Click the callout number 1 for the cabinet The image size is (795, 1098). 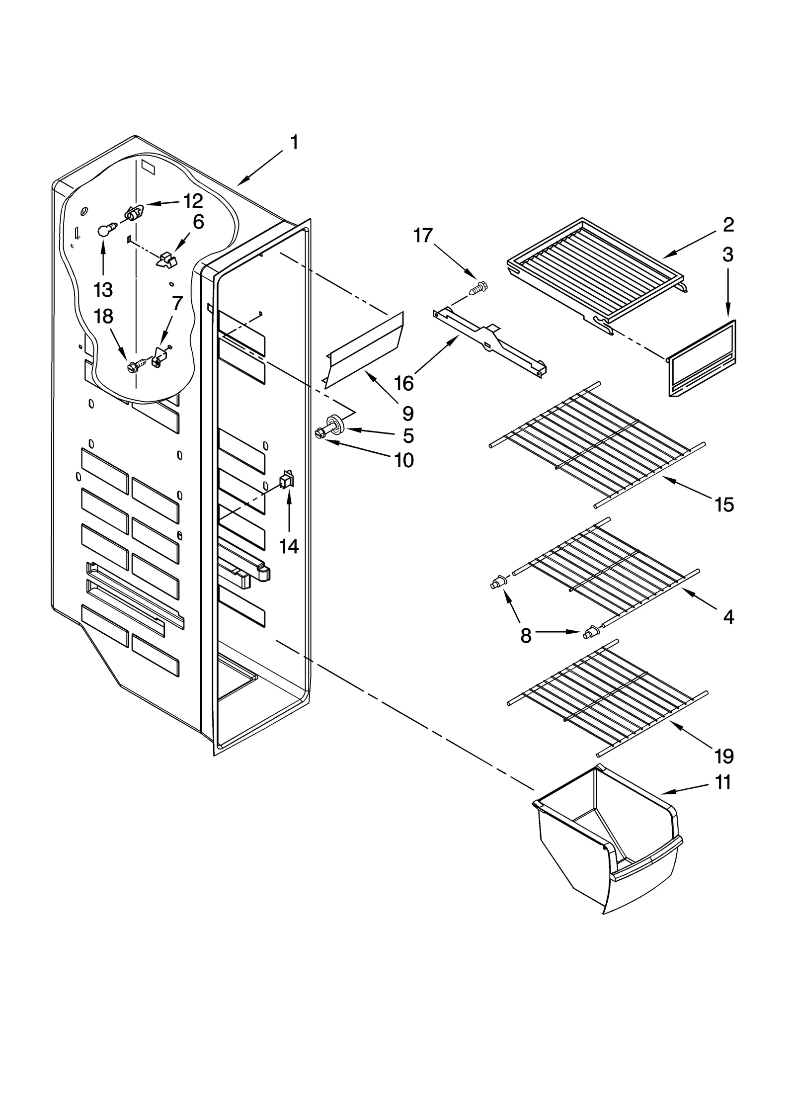coord(294,143)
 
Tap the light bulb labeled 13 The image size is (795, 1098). coord(103,230)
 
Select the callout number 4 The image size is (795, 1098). coord(728,617)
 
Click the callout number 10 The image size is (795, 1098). coord(404,460)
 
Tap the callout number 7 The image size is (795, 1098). coord(177,302)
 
